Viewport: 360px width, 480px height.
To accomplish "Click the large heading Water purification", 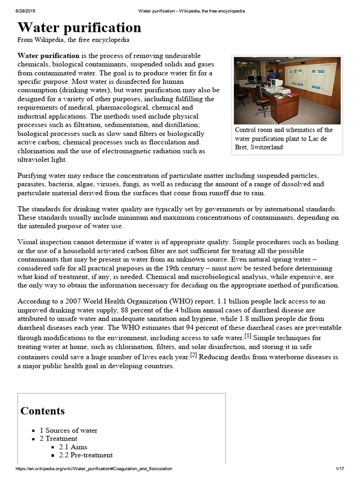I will tap(79, 27).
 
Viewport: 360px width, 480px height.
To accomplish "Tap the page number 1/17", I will tap(340, 469).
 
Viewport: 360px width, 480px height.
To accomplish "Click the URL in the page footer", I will tap(94, 469).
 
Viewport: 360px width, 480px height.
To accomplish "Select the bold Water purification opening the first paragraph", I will tap(49, 56).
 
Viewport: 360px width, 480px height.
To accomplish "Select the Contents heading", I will tap(43, 411).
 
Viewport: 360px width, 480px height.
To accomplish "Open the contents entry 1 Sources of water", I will tap(68, 430).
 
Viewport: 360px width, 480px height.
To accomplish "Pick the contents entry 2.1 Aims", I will tap(73, 447).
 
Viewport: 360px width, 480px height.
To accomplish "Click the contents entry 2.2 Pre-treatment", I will tap(86, 455).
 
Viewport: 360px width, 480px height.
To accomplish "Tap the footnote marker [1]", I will tap(247, 336).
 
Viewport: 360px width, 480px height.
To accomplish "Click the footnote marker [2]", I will tap(193, 356).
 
